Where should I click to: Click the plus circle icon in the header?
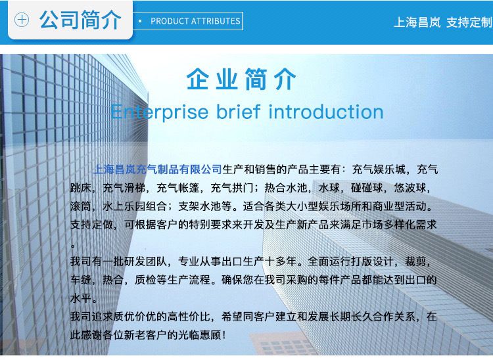(22, 20)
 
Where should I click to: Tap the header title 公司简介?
(80, 20)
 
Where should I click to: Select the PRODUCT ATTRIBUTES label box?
(188, 21)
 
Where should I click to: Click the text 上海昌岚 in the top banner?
(417, 22)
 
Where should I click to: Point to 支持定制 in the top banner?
(469, 22)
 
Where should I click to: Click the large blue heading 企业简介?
(241, 79)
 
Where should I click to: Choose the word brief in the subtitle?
(239, 112)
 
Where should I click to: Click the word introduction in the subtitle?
(326, 112)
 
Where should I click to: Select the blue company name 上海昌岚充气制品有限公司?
(158, 169)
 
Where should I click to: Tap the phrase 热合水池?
(286, 188)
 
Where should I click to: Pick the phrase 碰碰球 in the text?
(367, 188)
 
